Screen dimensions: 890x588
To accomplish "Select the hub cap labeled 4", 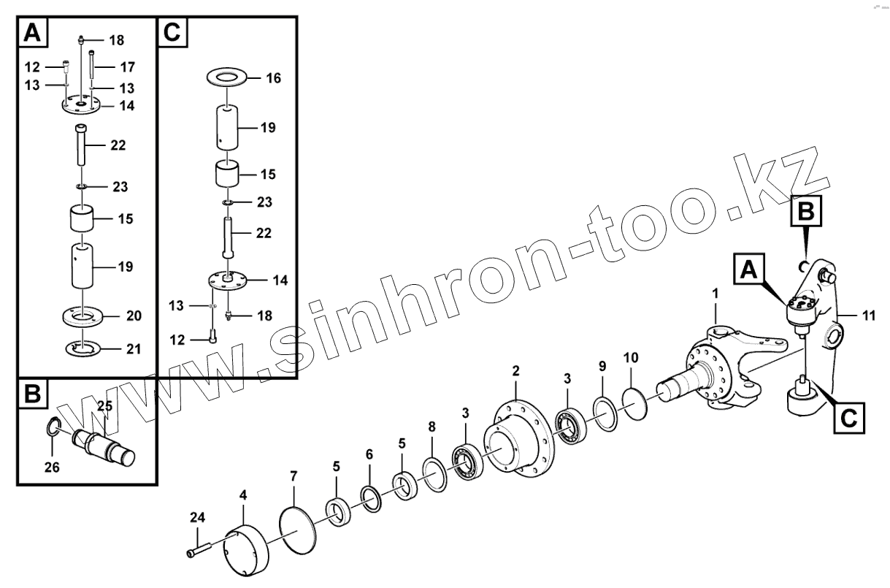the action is (245, 552).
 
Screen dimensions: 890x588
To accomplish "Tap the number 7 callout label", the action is (294, 476).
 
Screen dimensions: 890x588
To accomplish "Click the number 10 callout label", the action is (631, 358).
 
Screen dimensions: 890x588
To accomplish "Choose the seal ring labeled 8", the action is (435, 475).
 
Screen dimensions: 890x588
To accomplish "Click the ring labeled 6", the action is (371, 499).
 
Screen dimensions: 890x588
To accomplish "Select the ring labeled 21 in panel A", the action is (83, 348).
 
